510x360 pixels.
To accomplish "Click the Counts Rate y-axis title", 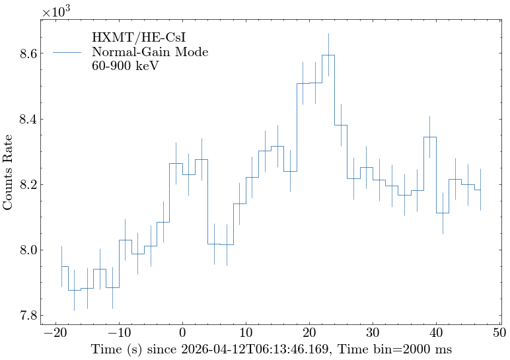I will point(9,172).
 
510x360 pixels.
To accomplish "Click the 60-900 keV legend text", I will point(125,66).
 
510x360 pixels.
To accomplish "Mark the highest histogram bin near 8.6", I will point(328,55).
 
